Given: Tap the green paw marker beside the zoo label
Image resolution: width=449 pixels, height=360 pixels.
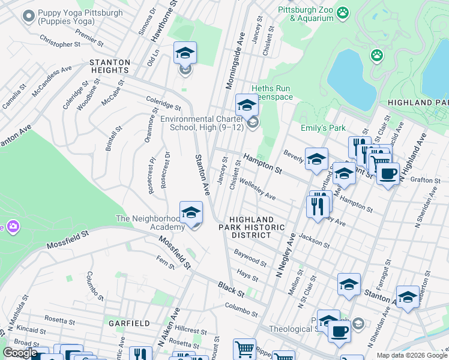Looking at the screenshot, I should click(343, 12).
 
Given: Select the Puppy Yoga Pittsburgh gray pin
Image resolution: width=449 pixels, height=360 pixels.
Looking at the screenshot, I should click(28, 16).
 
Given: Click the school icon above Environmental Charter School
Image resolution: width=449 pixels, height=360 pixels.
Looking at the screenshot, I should click(246, 106).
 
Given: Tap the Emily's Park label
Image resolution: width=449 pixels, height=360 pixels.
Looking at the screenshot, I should click(323, 128).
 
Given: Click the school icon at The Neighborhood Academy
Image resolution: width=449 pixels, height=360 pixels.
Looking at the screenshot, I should click(191, 213).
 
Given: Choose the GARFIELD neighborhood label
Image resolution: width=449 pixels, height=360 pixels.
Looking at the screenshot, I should click(129, 323).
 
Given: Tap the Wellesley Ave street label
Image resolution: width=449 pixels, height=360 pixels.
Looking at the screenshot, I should click(258, 188).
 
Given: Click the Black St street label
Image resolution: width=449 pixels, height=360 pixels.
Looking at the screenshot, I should click(231, 289).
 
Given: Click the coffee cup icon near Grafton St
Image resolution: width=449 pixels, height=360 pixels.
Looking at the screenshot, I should click(388, 173).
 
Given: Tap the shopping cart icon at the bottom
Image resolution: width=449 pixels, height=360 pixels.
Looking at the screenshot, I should click(244, 348).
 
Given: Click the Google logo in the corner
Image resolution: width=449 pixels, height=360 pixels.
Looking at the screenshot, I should click(20, 353).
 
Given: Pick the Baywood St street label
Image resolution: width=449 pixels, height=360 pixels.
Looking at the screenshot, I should click(250, 259).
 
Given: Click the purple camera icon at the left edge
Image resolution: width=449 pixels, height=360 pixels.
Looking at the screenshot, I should click(12, 226).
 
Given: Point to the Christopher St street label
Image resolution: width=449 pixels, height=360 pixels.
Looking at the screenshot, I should click(59, 44).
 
